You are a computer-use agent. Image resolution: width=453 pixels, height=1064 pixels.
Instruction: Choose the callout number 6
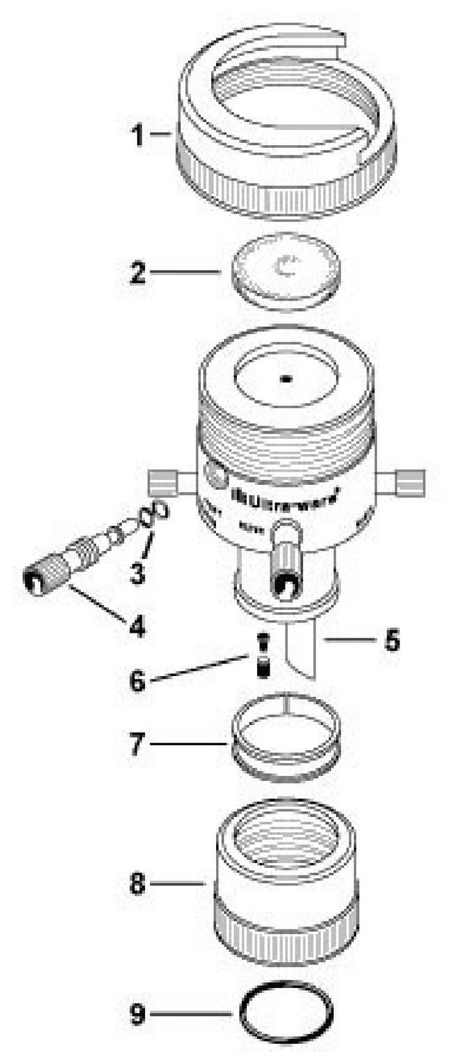tap(137, 680)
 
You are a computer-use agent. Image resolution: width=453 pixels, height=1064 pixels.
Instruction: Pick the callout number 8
tap(137, 885)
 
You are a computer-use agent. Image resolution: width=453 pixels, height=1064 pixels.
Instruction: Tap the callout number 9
tap(137, 1013)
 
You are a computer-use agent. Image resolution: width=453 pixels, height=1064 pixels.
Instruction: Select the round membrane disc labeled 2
tap(286, 272)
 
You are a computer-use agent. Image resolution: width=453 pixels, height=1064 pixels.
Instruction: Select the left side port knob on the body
tap(161, 481)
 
